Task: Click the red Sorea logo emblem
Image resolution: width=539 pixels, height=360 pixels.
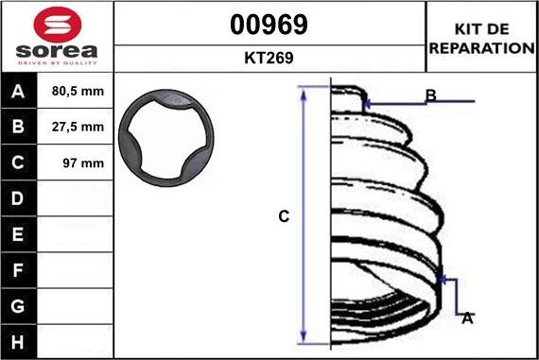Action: pyautogui.click(x=58, y=25)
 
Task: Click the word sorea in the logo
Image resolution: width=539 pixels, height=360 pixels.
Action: pyautogui.click(x=57, y=51)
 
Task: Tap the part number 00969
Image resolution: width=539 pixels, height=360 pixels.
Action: pyautogui.click(x=269, y=25)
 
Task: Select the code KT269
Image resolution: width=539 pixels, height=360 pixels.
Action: pyautogui.click(x=269, y=58)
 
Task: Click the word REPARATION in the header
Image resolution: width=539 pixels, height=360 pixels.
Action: pyautogui.click(x=482, y=48)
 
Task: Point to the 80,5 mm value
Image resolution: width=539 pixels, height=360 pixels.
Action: pyautogui.click(x=78, y=91)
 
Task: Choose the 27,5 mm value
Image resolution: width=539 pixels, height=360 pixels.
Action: pyautogui.click(x=78, y=127)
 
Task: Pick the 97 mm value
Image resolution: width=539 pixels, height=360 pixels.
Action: pyautogui.click(x=83, y=163)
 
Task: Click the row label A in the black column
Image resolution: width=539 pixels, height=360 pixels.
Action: pyautogui.click(x=18, y=92)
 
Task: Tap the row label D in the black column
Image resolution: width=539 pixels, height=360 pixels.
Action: pyautogui.click(x=18, y=198)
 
